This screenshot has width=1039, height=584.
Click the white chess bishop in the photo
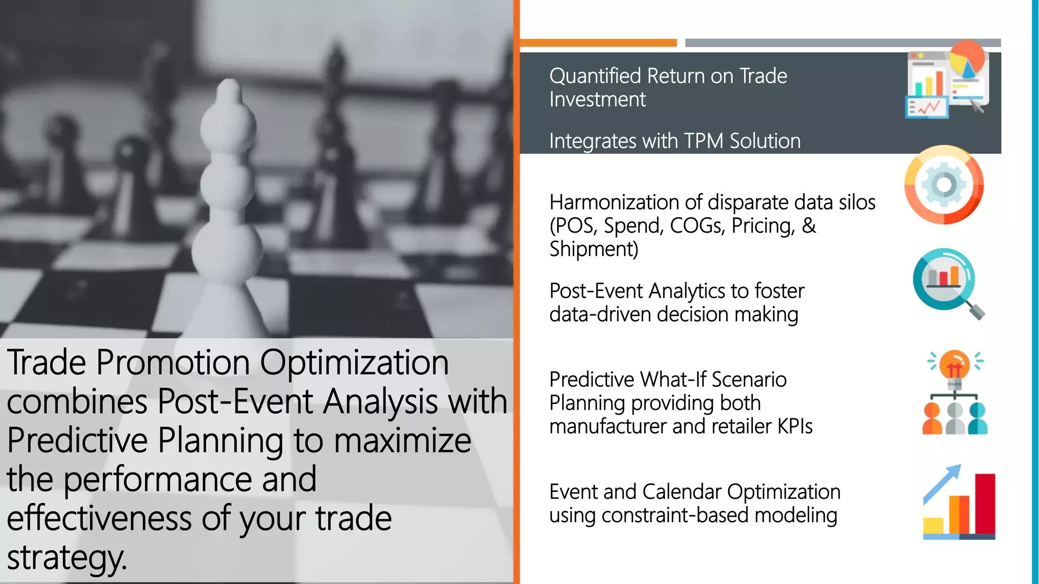pyautogui.click(x=228, y=203)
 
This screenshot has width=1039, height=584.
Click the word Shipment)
pyautogui.click(x=594, y=249)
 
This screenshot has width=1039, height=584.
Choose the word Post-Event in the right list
pyautogui.click(x=596, y=291)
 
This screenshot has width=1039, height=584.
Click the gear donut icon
pyautogui.click(x=944, y=185)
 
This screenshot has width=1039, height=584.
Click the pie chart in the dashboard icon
pyautogui.click(x=967, y=59)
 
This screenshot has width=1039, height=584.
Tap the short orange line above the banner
pyautogui.click(x=598, y=43)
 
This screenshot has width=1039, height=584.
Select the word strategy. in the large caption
pyautogui.click(x=66, y=558)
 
